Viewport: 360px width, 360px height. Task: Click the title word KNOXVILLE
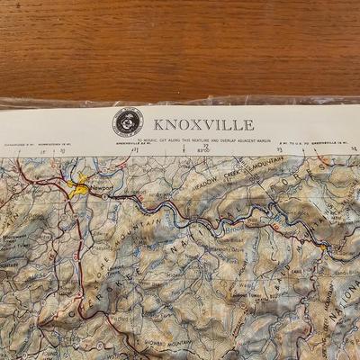pyautogui.click(x=203, y=124)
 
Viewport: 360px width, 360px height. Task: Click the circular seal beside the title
pyautogui.click(x=127, y=122)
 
